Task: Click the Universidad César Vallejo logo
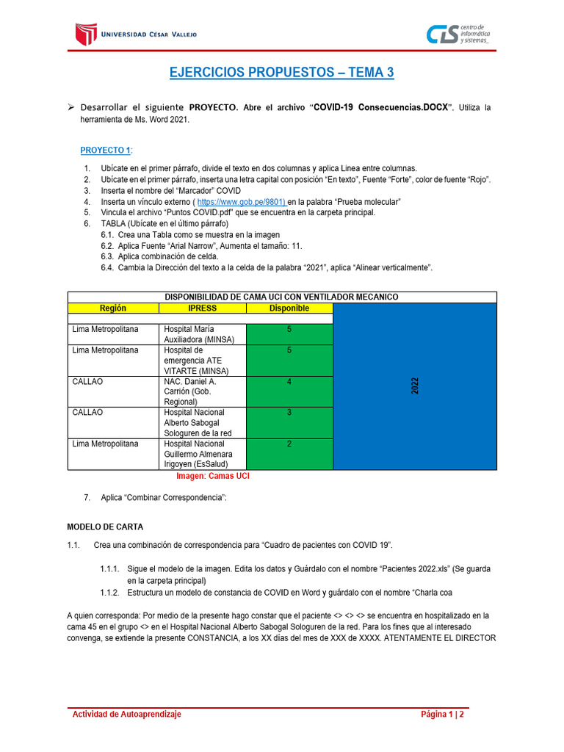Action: click(x=137, y=34)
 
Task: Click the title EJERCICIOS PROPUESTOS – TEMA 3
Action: click(x=282, y=72)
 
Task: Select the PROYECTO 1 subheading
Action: click(x=106, y=151)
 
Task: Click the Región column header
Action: click(x=113, y=308)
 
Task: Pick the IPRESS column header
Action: click(x=202, y=308)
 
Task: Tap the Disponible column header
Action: click(x=289, y=308)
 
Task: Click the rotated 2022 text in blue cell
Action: click(x=415, y=386)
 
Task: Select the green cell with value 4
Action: click(x=289, y=391)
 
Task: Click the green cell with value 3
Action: click(x=289, y=422)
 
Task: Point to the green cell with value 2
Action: click(x=289, y=454)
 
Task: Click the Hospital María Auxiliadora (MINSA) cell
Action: click(x=202, y=334)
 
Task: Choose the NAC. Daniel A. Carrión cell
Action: click(x=202, y=391)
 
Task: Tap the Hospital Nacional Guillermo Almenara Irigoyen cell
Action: click(x=202, y=454)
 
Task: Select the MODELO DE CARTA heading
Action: click(x=105, y=527)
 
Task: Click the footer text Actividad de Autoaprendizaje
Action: click(x=126, y=714)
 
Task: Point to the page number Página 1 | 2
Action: click(x=442, y=714)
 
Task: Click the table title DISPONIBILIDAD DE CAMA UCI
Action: click(x=282, y=297)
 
